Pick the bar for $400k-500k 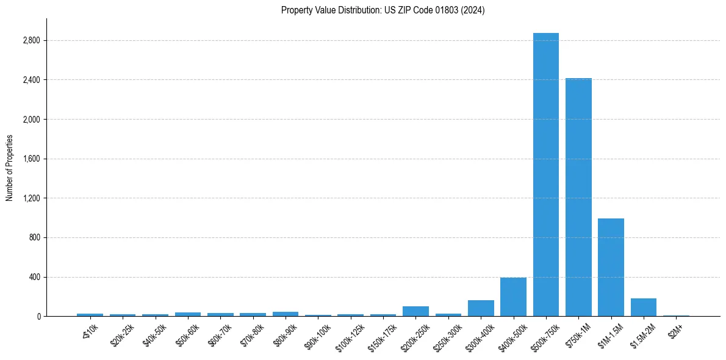coord(513,297)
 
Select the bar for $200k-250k coord(415,311)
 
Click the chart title coord(383,10)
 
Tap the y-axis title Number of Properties coord(9,168)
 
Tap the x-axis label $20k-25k coord(121,334)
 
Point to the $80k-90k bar coord(286,314)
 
